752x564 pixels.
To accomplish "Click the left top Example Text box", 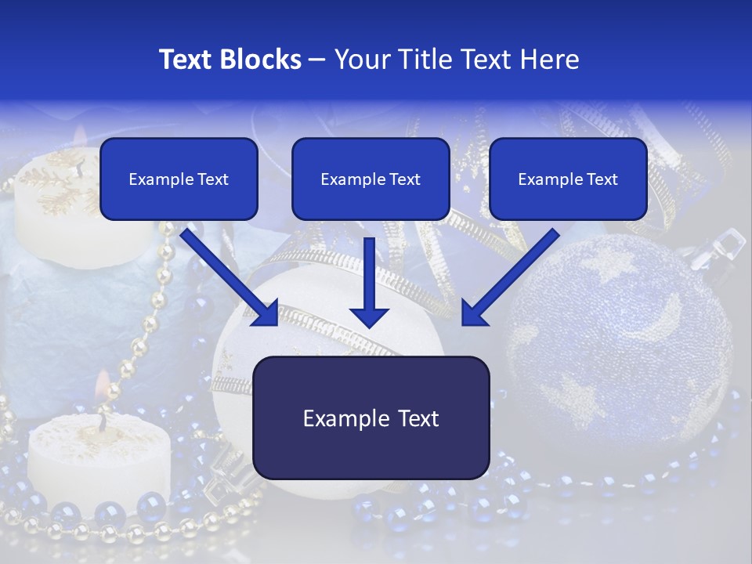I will (x=179, y=179).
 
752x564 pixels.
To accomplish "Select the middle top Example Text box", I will (x=371, y=179).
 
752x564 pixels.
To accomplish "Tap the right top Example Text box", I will (x=568, y=179).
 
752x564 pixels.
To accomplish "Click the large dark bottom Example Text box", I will (x=371, y=418).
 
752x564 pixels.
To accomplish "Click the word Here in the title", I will (x=551, y=60).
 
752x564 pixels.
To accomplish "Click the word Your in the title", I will (x=361, y=60).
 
